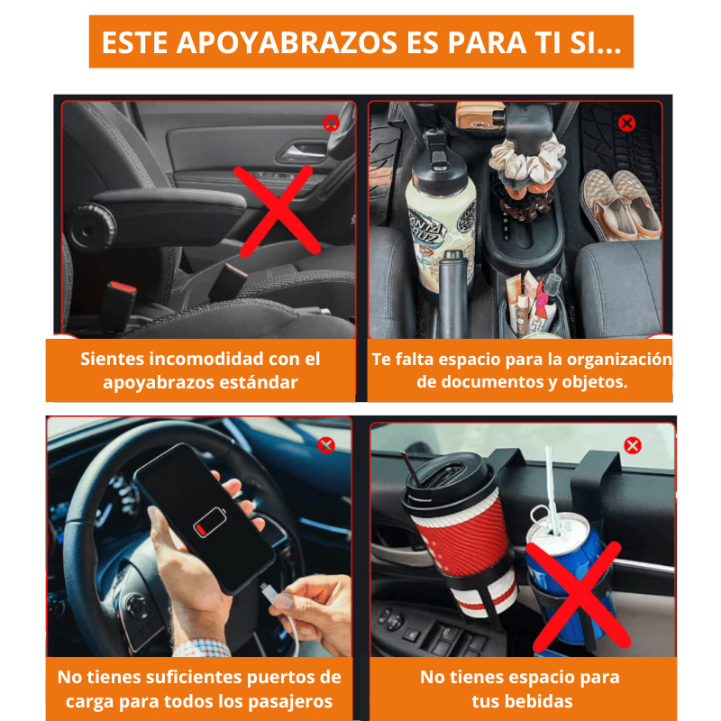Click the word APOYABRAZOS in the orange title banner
[x=287, y=42]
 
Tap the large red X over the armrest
[x=278, y=211]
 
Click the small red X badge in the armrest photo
[x=331, y=123]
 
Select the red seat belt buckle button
[x=123, y=289]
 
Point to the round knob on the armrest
[x=91, y=226]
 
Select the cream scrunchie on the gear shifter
[x=527, y=162]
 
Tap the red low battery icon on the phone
[x=210, y=523]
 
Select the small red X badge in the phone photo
[x=326, y=445]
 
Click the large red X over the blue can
[x=578, y=597]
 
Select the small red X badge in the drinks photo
[x=633, y=445]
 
